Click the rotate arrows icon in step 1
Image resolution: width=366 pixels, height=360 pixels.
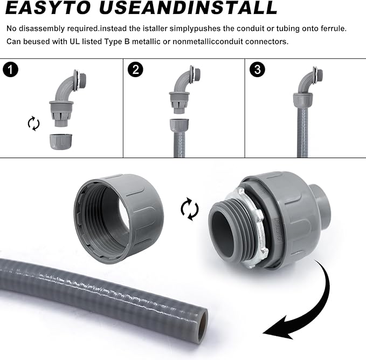click(33, 124)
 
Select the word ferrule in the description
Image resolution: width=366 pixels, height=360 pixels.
click(342, 28)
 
